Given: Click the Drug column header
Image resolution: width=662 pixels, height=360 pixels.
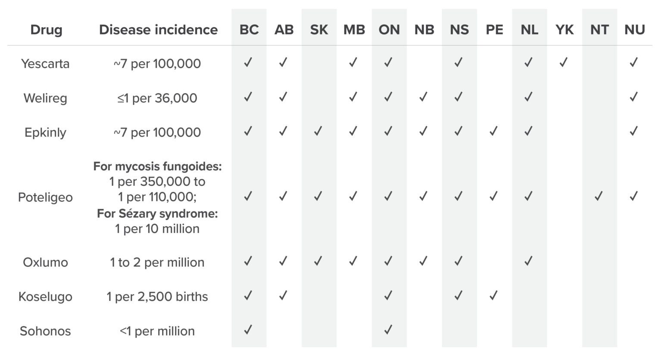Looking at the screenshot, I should (x=46, y=30).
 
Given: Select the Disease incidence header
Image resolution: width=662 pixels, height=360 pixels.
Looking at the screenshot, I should (x=158, y=30).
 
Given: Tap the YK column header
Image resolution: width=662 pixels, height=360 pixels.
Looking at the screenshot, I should (x=564, y=30).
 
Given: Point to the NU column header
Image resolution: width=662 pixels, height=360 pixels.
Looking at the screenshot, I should (x=634, y=30).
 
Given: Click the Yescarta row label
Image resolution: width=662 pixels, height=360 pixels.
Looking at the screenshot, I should (x=45, y=64).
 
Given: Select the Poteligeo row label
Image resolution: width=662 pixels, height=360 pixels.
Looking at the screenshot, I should (x=45, y=197).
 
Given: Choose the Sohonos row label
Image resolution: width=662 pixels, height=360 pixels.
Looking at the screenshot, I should (x=45, y=331).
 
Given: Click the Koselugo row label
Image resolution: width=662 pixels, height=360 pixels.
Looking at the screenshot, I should (x=45, y=297).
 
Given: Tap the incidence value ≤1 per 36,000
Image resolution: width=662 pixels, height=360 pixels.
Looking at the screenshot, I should (x=157, y=98).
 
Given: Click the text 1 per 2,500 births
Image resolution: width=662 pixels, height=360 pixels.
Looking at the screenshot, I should (x=157, y=297).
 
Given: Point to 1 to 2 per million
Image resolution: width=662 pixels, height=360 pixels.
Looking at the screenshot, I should (x=157, y=262).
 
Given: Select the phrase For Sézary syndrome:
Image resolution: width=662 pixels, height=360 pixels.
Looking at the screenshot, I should (x=157, y=213).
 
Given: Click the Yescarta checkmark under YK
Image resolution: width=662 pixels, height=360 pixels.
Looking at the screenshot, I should (x=563, y=63).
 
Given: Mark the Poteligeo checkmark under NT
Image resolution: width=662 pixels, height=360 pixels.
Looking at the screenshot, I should (x=599, y=197).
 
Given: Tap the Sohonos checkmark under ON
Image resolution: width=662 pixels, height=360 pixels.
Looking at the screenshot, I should (x=388, y=330).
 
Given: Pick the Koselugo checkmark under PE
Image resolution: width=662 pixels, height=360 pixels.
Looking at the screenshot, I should (x=493, y=296).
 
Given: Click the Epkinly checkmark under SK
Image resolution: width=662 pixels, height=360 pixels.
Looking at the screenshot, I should (x=318, y=131).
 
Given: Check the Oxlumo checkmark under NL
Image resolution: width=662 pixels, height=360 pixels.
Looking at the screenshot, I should (x=528, y=261).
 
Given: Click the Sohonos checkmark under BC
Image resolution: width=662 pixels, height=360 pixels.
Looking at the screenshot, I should (x=248, y=330).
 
